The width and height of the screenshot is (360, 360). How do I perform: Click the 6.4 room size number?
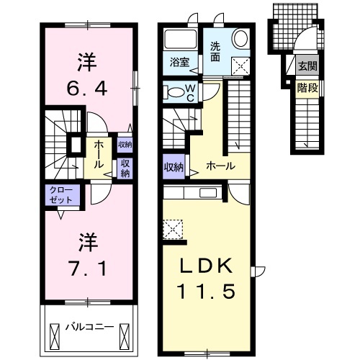(87, 89)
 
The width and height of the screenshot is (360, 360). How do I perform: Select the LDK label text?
(206, 266)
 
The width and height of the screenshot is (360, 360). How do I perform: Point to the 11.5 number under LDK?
(206, 291)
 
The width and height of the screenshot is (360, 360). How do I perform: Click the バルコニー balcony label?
(89, 327)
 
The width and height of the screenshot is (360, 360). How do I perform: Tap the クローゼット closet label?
(61, 195)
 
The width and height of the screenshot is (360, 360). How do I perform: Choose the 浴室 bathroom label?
(180, 62)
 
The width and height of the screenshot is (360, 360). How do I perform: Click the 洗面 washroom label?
(215, 51)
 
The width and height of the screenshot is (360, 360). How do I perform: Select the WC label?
(191, 94)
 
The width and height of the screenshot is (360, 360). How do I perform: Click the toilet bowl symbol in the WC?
(176, 92)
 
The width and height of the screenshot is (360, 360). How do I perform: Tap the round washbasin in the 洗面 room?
(240, 38)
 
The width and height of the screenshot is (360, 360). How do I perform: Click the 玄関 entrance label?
(307, 66)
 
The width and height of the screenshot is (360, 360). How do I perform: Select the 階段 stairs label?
(307, 88)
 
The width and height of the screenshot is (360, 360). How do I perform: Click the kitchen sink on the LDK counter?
(208, 193)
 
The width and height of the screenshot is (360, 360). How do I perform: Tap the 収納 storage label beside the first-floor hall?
(174, 167)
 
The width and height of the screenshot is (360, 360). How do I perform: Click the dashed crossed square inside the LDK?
(173, 229)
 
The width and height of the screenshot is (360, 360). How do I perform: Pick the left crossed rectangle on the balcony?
(54, 334)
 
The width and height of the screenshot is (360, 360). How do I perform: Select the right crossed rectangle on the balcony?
(125, 334)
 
